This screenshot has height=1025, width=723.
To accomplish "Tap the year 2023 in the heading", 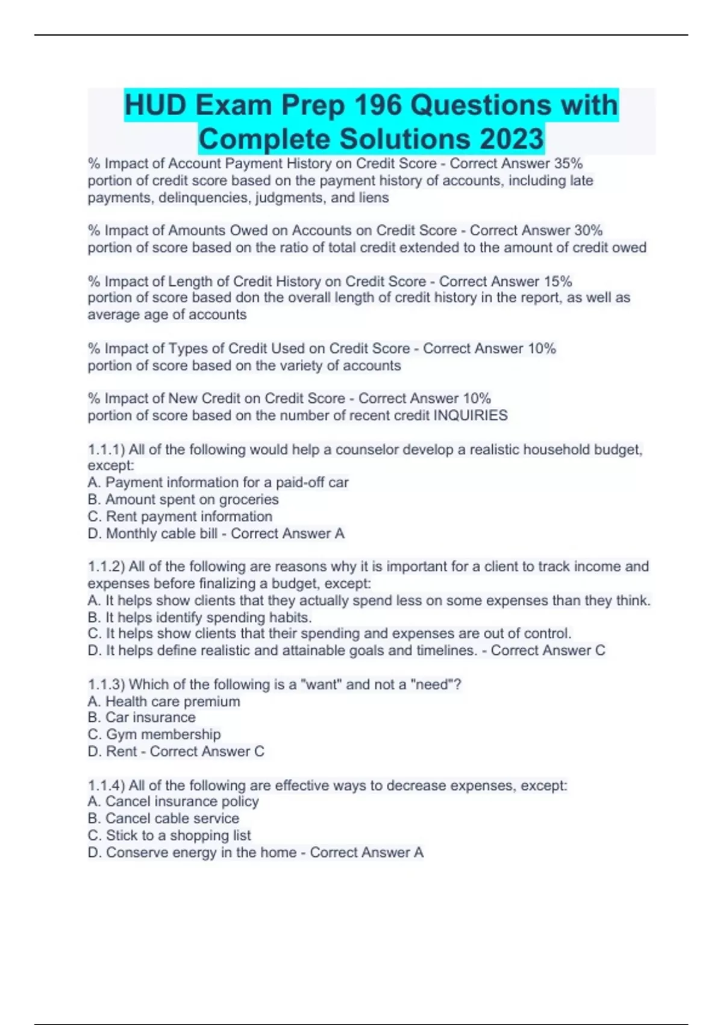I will click(512, 139).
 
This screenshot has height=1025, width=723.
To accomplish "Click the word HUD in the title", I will click(155, 106).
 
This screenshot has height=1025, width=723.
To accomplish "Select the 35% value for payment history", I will click(568, 163).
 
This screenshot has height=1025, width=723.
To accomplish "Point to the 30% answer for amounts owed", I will click(588, 230).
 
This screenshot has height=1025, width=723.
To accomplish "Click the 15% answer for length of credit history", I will click(558, 282).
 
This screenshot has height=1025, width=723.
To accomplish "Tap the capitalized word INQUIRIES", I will click(471, 415).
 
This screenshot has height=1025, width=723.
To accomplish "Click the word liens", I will click(374, 198).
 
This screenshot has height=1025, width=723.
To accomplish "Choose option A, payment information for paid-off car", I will click(218, 482).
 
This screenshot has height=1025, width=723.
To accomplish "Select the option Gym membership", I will click(154, 734).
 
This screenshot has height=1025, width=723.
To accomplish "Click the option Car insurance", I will click(142, 717).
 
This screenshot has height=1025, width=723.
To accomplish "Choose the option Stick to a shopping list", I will click(169, 836).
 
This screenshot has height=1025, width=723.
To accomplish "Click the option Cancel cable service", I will click(163, 819).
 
